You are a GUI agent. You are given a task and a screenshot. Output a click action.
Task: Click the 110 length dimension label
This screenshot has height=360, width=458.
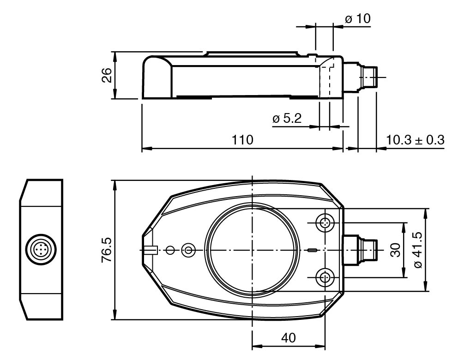[x=242, y=140]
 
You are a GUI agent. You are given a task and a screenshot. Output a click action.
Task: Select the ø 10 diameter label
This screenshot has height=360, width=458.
[x=357, y=18]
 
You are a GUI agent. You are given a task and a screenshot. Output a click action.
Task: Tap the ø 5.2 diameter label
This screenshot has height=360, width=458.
[x=287, y=118]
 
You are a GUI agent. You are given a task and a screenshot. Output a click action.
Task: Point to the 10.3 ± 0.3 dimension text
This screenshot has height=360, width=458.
[x=415, y=140]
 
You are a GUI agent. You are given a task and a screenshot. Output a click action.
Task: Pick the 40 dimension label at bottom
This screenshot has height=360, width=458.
[x=288, y=337]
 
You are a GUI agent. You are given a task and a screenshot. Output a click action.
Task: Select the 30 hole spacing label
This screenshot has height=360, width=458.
[x=396, y=250]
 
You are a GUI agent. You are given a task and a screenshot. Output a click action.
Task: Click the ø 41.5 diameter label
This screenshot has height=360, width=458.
[x=418, y=250]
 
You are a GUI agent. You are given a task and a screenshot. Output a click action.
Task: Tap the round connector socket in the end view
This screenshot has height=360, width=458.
[x=41, y=250]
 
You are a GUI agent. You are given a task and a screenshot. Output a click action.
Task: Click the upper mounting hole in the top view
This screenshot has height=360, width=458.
[x=325, y=223]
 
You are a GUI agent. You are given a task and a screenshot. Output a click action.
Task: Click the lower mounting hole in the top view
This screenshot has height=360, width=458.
[x=325, y=277]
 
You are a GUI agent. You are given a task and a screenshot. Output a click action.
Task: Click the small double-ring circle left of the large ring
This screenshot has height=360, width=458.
[x=188, y=250]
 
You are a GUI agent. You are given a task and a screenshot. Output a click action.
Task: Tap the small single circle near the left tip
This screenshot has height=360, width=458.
[x=170, y=250]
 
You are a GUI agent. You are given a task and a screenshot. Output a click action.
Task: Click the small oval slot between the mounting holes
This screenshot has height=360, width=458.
[x=312, y=250]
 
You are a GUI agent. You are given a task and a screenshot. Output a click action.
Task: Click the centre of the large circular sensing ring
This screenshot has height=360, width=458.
[x=252, y=250]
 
